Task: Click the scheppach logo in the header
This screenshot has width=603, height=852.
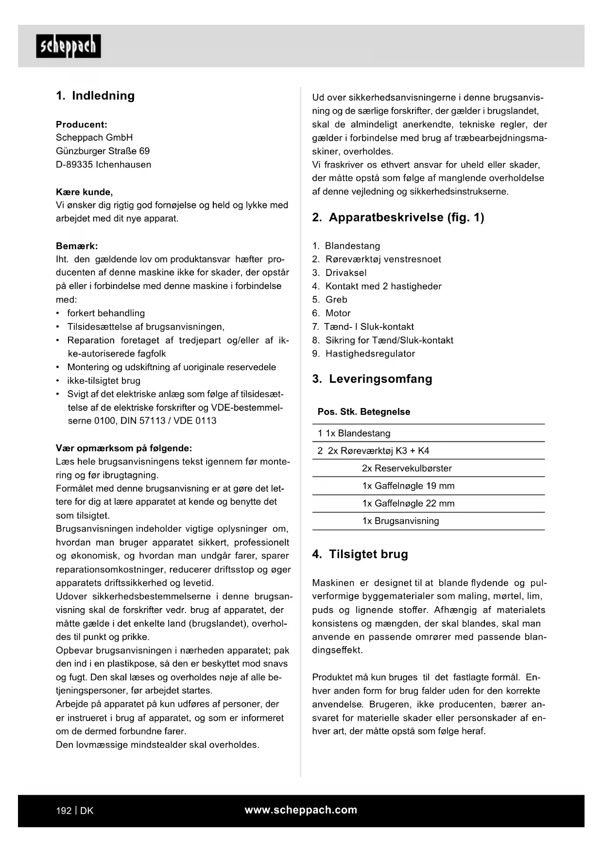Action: pos(69,46)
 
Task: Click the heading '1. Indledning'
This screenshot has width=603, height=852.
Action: pos(95,96)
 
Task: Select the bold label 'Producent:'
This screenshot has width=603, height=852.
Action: pos(82,124)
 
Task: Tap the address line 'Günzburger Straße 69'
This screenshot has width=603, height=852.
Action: pos(103,151)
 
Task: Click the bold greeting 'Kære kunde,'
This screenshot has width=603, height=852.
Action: pos(84,192)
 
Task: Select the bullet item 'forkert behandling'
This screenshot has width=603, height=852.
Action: pos(106,313)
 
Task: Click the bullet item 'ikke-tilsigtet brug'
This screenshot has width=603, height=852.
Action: pos(103,381)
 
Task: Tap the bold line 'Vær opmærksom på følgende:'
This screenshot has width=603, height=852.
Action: pos(124,448)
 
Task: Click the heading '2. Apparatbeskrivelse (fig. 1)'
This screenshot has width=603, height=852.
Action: pos(398,218)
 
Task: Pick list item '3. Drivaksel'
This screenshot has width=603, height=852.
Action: pos(339,273)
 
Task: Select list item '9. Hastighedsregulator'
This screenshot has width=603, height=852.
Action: pos(363,354)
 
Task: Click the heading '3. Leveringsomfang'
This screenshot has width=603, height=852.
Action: pos(372,379)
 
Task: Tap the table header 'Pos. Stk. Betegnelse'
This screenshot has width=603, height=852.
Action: pos(364,412)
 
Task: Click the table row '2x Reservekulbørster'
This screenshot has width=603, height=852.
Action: pos(407,468)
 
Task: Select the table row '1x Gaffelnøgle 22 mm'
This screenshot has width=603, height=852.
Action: pos(408,503)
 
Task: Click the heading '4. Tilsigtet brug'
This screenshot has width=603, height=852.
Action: pos(360,554)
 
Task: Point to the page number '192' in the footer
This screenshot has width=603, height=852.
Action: pos(64,811)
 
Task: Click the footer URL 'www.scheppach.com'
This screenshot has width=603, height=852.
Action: pos(301,810)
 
